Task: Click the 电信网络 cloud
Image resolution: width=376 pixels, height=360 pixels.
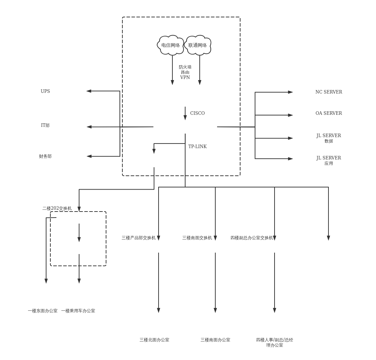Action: [171, 45]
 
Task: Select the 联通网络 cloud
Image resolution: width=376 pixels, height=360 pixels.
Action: [198, 45]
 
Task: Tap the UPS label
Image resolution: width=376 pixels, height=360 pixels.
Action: [45, 91]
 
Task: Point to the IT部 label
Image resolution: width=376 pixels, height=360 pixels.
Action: [45, 125]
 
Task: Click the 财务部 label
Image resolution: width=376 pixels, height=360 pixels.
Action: [45, 156]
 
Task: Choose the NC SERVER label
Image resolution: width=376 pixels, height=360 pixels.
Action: [329, 92]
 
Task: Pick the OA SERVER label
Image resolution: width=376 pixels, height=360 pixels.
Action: [329, 113]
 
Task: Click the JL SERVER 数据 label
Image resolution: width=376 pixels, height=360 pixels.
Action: [329, 138]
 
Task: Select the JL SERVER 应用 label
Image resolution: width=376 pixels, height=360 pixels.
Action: [329, 161]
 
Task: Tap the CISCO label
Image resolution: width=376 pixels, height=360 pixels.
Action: [198, 113]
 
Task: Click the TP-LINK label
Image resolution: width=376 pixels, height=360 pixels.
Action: [198, 147]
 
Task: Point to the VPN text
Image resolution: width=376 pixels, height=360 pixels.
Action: [185, 78]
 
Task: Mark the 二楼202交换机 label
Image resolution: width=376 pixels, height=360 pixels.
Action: [57, 208]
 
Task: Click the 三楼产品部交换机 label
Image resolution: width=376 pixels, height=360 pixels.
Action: [139, 238]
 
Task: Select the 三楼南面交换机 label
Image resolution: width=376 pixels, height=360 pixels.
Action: [197, 238]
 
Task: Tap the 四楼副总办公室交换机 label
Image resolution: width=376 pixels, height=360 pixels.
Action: [252, 238]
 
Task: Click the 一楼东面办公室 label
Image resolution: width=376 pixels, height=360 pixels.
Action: [43, 311]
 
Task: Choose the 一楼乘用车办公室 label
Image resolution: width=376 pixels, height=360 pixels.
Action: [78, 311]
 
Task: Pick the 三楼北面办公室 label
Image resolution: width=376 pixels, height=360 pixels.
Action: [154, 340]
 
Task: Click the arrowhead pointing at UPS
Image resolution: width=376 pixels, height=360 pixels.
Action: [89, 91]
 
